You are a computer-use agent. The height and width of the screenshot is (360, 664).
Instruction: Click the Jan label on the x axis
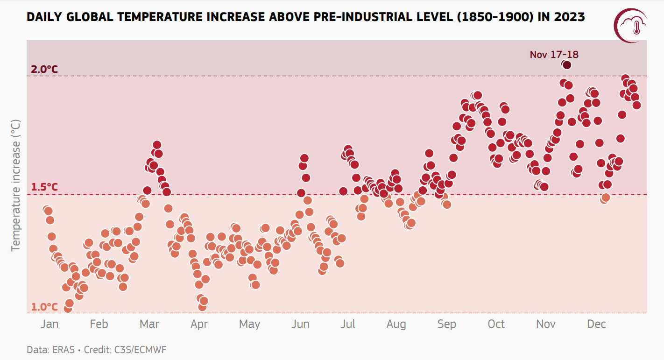[49, 324]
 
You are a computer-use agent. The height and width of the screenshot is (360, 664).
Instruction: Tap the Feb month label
[99, 324]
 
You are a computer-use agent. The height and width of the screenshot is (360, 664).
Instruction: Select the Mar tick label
[149, 324]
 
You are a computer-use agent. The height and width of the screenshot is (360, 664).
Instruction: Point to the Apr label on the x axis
[199, 325]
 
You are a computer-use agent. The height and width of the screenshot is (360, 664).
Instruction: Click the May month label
[249, 325]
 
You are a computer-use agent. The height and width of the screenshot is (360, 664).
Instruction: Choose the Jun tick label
[300, 324]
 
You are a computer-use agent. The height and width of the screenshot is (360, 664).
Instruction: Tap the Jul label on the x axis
[348, 324]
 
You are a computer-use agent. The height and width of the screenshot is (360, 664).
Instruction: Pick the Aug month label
[396, 325]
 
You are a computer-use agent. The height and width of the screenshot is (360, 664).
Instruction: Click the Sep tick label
[447, 325]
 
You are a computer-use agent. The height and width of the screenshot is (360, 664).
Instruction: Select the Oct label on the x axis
[496, 324]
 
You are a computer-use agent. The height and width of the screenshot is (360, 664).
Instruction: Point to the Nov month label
[546, 324]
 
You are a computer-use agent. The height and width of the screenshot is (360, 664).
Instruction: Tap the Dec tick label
[596, 324]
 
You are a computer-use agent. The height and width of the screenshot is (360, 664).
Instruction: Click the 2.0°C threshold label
[45, 70]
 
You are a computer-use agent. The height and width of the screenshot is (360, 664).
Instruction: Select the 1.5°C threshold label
[45, 187]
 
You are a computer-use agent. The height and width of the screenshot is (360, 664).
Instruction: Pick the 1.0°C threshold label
[45, 307]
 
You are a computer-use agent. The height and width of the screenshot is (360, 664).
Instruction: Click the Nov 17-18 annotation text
[554, 55]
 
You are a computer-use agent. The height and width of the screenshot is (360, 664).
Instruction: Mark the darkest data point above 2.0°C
[567, 65]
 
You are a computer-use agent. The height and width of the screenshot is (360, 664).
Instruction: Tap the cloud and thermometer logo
[631, 26]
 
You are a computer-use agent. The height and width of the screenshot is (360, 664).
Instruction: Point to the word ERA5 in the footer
[60, 349]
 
